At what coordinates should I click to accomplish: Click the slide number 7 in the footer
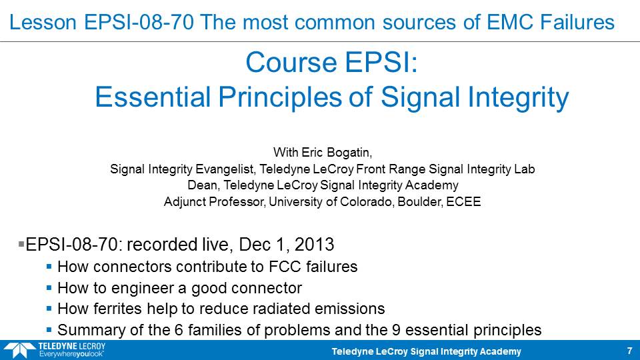coord(629,351)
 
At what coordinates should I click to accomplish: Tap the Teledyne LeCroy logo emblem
coord(19,350)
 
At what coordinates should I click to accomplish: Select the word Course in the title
coord(292,63)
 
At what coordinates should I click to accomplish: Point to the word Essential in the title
coord(153,97)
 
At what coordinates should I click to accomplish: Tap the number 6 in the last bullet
coord(179,330)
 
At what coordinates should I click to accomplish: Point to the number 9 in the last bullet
coord(396,330)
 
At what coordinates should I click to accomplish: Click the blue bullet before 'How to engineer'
coord(49,288)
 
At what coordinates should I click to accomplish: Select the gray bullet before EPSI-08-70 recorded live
coord(21,244)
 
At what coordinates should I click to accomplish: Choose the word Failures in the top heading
coord(577,22)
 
